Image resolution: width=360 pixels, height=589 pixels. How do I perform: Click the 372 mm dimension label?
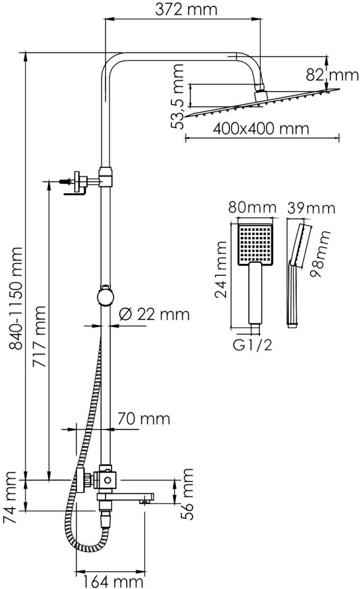[186, 10]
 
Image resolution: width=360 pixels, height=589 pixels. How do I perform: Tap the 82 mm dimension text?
[332, 75]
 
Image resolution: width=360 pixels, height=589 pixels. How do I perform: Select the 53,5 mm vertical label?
[177, 97]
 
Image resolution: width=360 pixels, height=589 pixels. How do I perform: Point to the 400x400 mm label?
[261, 129]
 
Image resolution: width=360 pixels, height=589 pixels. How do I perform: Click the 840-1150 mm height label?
[16, 298]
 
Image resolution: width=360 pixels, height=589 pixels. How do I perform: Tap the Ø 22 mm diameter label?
[154, 314]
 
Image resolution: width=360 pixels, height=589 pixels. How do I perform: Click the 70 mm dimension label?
[144, 419]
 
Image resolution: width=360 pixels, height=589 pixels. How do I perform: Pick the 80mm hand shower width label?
[252, 208]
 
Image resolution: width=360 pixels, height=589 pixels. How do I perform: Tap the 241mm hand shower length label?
[221, 269]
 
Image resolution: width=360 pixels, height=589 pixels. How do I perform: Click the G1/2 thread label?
[252, 345]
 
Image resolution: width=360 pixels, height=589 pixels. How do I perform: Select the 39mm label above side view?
[311, 209]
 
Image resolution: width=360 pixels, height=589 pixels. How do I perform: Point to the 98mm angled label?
[320, 254]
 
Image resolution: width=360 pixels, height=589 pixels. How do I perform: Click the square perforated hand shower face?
[255, 244]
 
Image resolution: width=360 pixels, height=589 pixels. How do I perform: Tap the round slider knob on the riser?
[106, 296]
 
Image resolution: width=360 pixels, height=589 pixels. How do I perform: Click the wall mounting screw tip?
[60, 182]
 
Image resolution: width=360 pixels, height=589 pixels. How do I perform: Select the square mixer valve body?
[108, 480]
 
